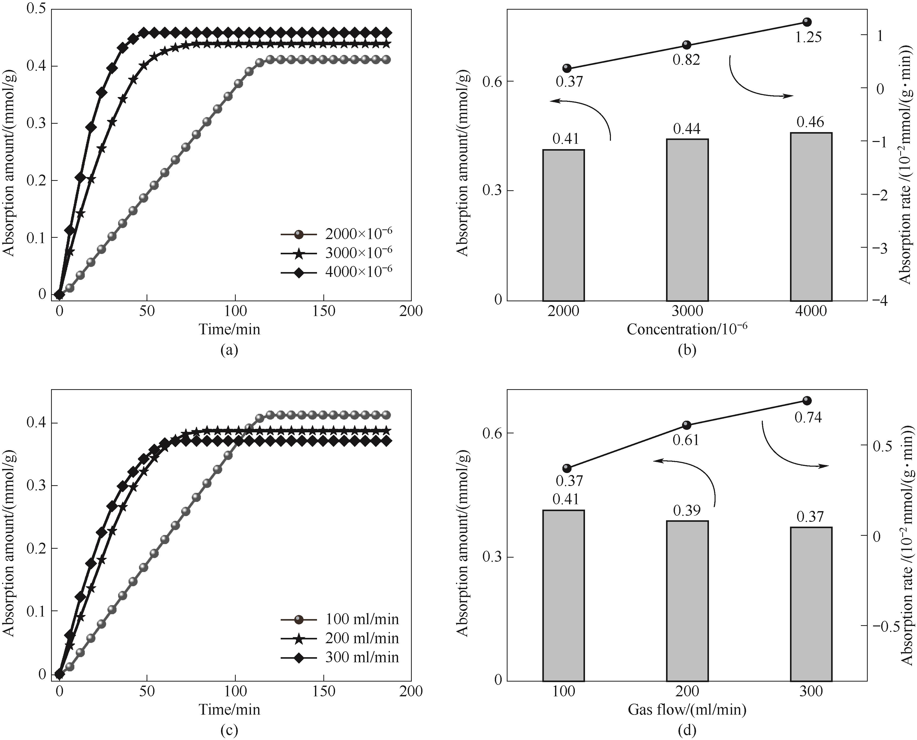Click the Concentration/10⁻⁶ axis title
point(687,329)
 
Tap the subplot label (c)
point(229,730)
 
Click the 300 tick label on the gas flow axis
point(811,691)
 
